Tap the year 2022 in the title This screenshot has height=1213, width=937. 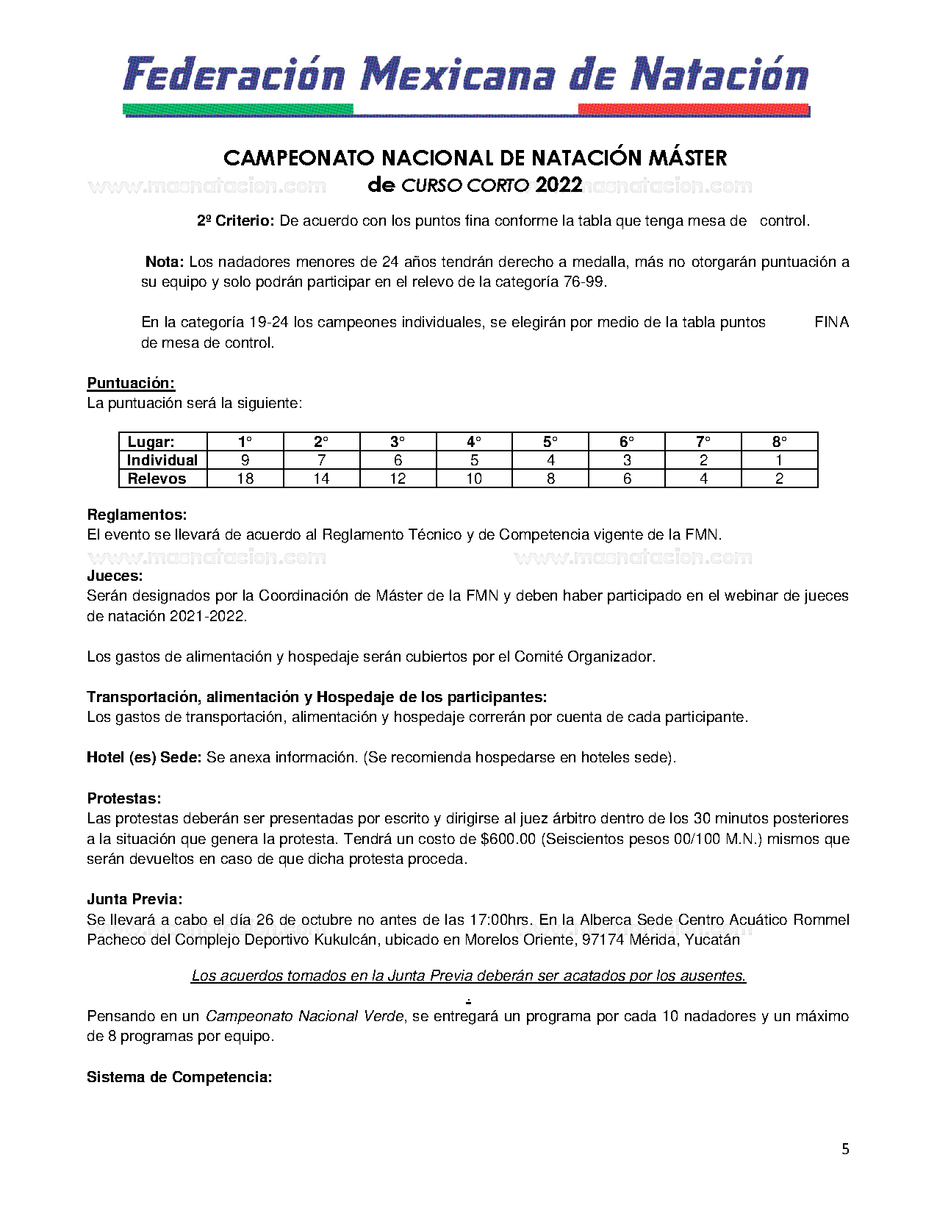pyautogui.click(x=559, y=185)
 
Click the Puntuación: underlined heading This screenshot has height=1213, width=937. pyautogui.click(x=131, y=383)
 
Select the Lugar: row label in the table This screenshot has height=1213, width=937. pyautogui.click(x=151, y=442)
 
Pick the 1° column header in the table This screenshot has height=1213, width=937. pyautogui.click(x=245, y=442)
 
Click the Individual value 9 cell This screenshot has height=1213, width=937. pyautogui.click(x=245, y=460)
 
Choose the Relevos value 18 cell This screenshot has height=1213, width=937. pyautogui.click(x=245, y=479)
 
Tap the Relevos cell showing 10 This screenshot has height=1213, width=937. pyautogui.click(x=474, y=479)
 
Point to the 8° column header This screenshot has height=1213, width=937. pyautogui.click(x=779, y=442)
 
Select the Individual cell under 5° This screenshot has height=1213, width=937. pyautogui.click(x=550, y=460)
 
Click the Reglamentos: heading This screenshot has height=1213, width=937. pyautogui.click(x=137, y=515)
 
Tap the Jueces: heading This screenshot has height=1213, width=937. pyautogui.click(x=115, y=576)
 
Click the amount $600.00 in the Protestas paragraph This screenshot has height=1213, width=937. pyautogui.click(x=508, y=839)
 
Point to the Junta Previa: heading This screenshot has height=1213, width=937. pyautogui.click(x=134, y=899)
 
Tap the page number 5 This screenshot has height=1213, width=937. pyautogui.click(x=845, y=1149)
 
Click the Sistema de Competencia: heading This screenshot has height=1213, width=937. pyautogui.click(x=179, y=1077)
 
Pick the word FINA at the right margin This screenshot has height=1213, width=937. pyautogui.click(x=831, y=322)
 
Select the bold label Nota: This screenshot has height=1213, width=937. pyautogui.click(x=164, y=262)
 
